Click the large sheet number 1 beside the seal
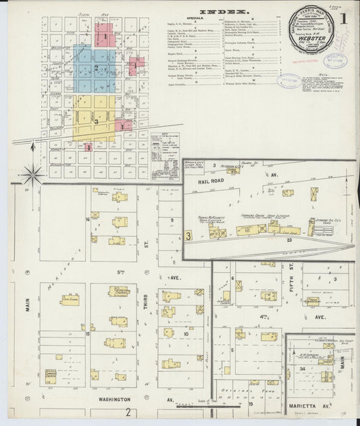pyautogui.click(x=344, y=18)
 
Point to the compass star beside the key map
pyautogui.click(x=32, y=174)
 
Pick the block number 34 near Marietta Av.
pyautogui.click(x=303, y=369)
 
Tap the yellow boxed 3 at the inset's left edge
pyautogui.click(x=188, y=236)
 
